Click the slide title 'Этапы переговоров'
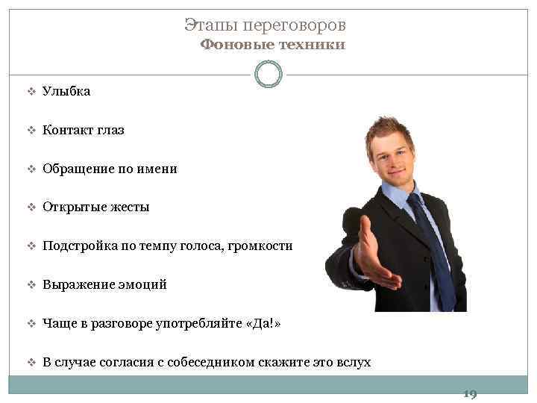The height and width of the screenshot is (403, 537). [x=265, y=25]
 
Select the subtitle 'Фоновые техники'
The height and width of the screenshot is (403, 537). [x=272, y=45]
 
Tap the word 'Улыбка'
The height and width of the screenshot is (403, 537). [x=66, y=91]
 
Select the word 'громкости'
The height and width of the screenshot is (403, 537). [x=263, y=246]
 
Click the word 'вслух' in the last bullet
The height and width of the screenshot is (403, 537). [x=352, y=362]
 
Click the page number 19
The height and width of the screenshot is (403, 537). [x=470, y=393]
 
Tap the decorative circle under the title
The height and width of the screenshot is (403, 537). [x=268, y=74]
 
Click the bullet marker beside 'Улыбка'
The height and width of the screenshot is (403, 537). [x=31, y=92]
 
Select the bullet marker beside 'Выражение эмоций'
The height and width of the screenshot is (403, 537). [x=31, y=285]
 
